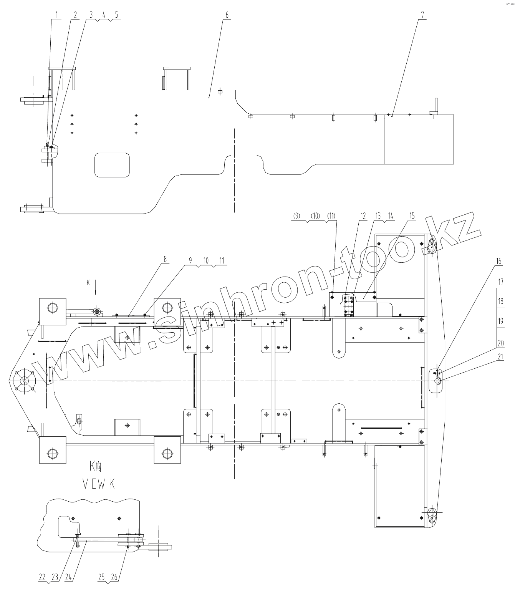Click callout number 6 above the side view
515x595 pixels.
[x=227, y=15]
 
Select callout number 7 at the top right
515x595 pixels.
[x=423, y=15]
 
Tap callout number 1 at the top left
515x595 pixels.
[x=56, y=15]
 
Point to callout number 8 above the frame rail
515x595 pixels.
[x=166, y=259]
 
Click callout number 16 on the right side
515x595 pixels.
[x=499, y=261]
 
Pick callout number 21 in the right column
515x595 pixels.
[x=500, y=356]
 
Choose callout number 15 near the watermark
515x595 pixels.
[x=412, y=216]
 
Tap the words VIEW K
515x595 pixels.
[x=99, y=485]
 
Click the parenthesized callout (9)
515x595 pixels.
[x=296, y=216]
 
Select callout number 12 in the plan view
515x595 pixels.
[x=363, y=216]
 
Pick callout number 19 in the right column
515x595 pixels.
[x=500, y=321]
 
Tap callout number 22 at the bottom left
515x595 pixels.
[x=42, y=577]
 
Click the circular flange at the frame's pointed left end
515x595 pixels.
[x=24, y=381]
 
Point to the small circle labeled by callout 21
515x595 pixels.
[x=437, y=380]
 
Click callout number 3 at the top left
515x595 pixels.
[x=91, y=15]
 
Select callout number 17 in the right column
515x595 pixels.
[x=500, y=281]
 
